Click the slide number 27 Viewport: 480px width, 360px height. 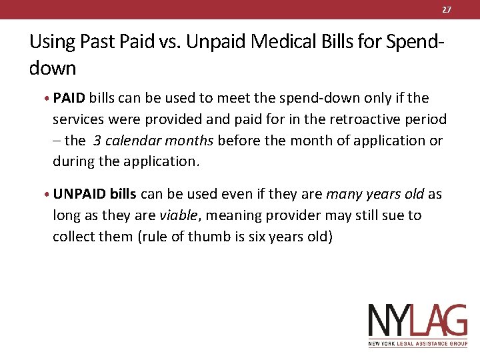(x=447, y=9)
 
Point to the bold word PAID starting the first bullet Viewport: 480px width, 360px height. (x=69, y=98)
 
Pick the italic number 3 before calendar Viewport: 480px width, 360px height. (x=97, y=141)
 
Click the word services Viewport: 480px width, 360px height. (x=79, y=119)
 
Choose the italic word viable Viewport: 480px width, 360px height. (x=177, y=215)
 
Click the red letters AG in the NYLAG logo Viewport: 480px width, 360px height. (x=443, y=320)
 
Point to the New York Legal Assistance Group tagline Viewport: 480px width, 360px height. (x=418, y=344)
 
